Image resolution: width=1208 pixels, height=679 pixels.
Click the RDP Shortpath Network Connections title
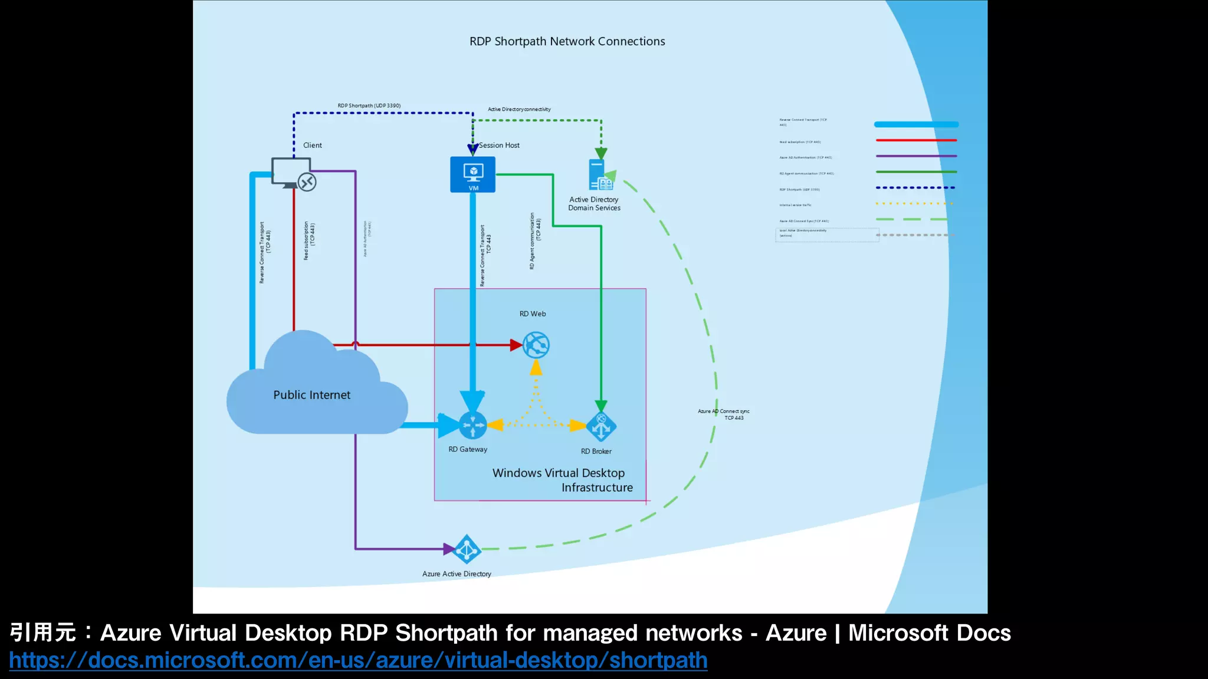[x=567, y=41]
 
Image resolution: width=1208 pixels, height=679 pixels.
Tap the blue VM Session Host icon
[x=472, y=174]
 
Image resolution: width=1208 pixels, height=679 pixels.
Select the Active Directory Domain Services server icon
[x=600, y=176]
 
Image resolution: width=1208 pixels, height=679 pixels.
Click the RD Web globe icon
[x=536, y=345]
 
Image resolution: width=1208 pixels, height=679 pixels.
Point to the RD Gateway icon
[x=472, y=425]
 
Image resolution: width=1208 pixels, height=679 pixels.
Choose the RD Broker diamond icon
[x=601, y=427]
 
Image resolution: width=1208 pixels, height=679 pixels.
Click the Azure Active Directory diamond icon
[x=467, y=549]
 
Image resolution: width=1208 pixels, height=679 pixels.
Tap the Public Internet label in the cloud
[x=311, y=395]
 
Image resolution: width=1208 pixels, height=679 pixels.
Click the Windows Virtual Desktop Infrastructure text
[x=562, y=480]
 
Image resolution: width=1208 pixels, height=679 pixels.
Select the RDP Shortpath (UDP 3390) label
[x=369, y=106]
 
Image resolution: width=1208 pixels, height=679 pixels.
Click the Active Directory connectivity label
[x=519, y=109]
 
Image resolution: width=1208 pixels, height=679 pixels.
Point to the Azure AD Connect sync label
[x=724, y=414]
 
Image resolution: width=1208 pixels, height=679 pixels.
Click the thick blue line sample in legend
[x=916, y=124]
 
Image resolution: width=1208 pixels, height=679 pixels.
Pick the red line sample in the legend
[x=916, y=140]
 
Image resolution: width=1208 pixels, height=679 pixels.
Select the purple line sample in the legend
[x=916, y=156]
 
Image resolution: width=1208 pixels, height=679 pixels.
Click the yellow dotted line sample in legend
[x=914, y=203]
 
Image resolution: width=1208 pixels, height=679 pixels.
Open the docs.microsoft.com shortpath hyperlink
[x=358, y=660]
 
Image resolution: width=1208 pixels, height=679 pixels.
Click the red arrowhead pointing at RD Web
[x=516, y=345]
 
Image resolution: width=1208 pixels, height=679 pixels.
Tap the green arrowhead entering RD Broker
[x=601, y=406]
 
